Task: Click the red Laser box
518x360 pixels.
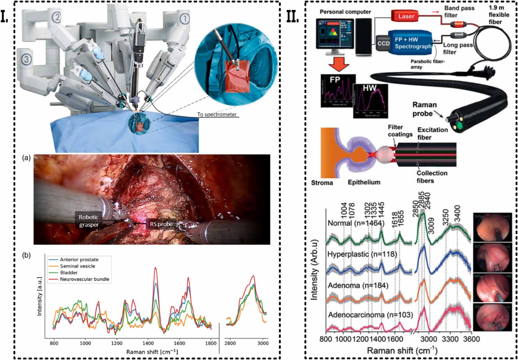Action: point(406,16)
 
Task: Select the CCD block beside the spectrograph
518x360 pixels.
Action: point(383,43)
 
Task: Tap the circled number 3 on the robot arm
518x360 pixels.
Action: point(26,59)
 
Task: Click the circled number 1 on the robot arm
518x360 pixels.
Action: point(185,19)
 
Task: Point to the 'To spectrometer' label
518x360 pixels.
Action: point(217,115)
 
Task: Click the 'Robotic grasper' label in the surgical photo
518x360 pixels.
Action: point(89,221)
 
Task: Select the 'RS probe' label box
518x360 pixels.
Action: point(161,224)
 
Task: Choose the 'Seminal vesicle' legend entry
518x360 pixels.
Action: point(77,266)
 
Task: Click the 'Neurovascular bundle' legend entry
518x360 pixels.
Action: point(84,279)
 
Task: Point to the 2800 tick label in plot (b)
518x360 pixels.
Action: point(230,343)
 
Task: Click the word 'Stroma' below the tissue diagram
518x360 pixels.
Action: point(322,183)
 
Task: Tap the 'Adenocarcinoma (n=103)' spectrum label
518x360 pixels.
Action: point(370,315)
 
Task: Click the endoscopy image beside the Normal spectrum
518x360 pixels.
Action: point(492,227)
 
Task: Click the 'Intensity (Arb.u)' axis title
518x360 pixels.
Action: point(314,270)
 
